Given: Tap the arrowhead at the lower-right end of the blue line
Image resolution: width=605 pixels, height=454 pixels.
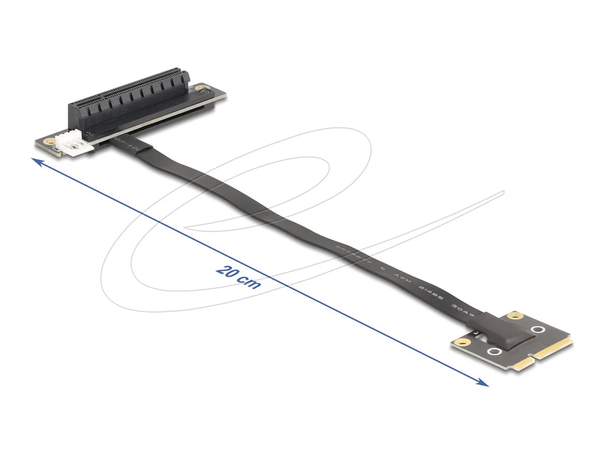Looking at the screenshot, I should click(484, 384).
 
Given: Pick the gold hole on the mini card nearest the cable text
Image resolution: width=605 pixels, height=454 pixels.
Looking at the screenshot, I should click(514, 316).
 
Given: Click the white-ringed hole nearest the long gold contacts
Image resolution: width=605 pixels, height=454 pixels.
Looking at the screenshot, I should click(538, 330).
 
